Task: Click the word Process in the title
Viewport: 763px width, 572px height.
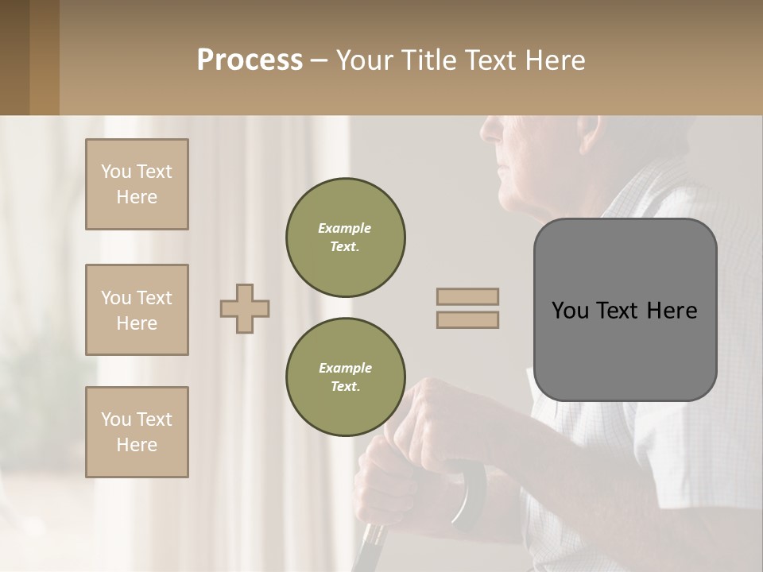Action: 250,60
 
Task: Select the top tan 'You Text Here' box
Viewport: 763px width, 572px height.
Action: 137,184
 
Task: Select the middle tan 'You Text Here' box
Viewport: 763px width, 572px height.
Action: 137,310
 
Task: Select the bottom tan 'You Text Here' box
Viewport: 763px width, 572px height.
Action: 137,432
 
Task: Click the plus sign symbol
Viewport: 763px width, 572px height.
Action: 245,308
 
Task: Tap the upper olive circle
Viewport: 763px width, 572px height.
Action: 345,238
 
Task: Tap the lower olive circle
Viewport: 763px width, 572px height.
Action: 345,377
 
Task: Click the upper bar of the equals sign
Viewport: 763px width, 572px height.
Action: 468,296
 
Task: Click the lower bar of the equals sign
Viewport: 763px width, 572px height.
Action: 468,319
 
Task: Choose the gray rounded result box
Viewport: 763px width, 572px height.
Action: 625,350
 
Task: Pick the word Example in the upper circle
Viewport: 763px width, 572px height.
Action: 345,228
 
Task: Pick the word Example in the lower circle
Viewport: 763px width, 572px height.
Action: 345,368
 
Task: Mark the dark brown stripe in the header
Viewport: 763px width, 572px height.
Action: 14,57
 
